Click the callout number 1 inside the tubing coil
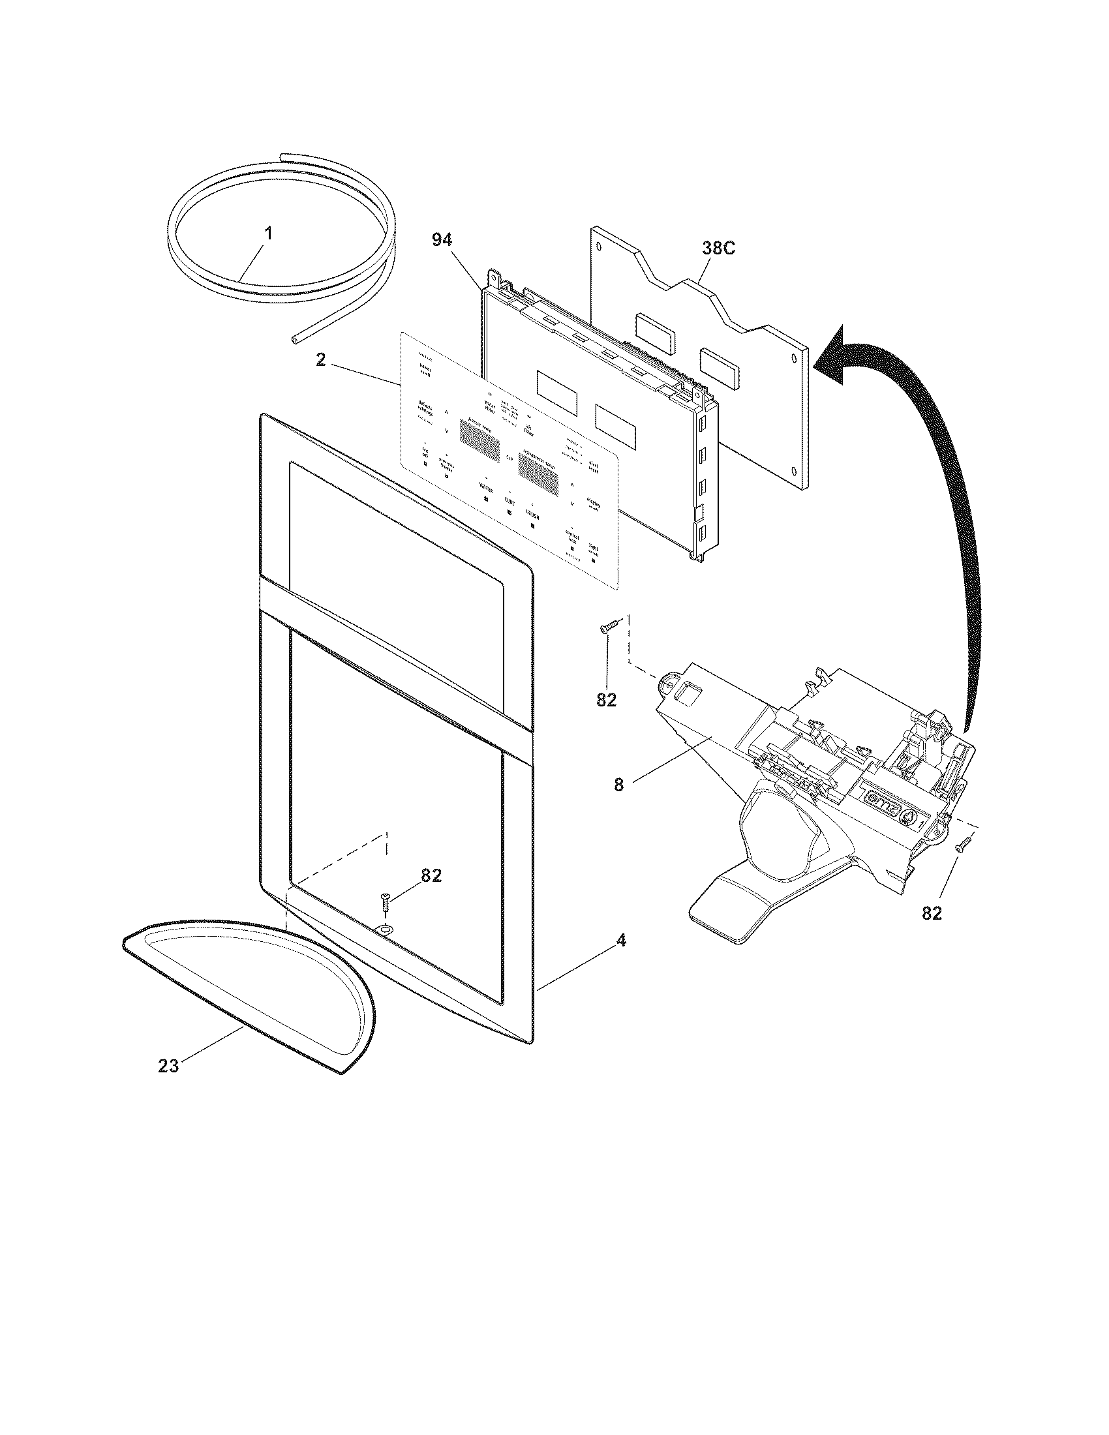click(269, 234)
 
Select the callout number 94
click(442, 241)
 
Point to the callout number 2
click(320, 360)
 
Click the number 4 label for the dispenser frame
click(621, 941)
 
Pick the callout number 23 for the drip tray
click(168, 1066)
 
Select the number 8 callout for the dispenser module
click(619, 784)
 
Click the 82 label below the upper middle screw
click(607, 701)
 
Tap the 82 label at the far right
click(932, 913)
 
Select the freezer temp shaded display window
click(478, 440)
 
